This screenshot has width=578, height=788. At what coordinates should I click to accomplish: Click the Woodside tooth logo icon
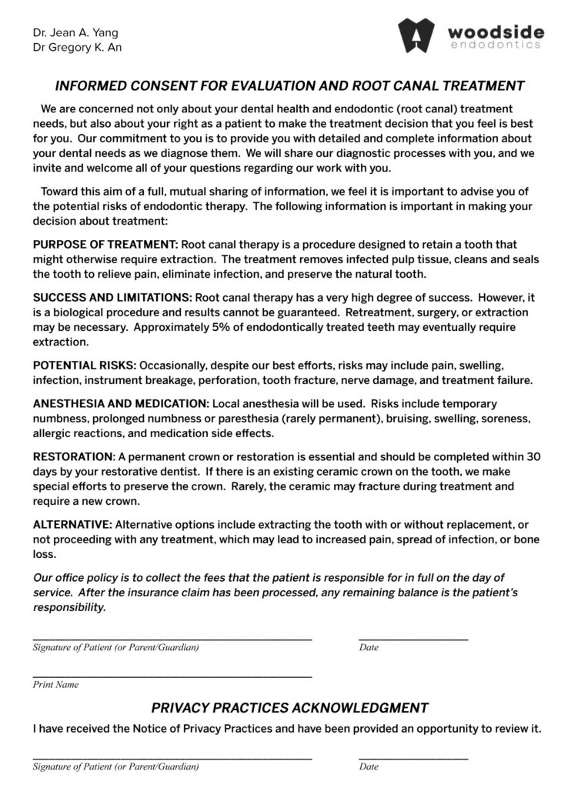point(416,35)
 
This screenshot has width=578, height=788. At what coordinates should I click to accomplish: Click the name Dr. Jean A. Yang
point(75,33)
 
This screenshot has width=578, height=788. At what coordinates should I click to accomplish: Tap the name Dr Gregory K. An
point(77,48)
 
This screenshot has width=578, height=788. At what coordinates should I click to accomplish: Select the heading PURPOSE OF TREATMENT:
point(105,245)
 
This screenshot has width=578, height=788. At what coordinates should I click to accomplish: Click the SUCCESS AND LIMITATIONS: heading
point(112,298)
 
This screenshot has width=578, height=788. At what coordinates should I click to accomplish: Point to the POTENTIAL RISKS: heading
point(85,366)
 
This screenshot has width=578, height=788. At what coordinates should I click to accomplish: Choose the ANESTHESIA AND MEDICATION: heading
point(121,404)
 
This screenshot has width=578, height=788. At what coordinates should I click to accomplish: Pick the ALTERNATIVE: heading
point(72,525)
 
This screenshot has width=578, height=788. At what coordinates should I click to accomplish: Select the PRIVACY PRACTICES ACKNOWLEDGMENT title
point(289,708)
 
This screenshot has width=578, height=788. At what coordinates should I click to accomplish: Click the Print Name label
point(55,685)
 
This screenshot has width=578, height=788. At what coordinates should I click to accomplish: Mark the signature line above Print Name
point(172,676)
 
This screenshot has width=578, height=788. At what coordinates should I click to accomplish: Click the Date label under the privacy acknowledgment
point(369,767)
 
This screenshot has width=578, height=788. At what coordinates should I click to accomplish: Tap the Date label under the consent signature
point(369,648)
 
